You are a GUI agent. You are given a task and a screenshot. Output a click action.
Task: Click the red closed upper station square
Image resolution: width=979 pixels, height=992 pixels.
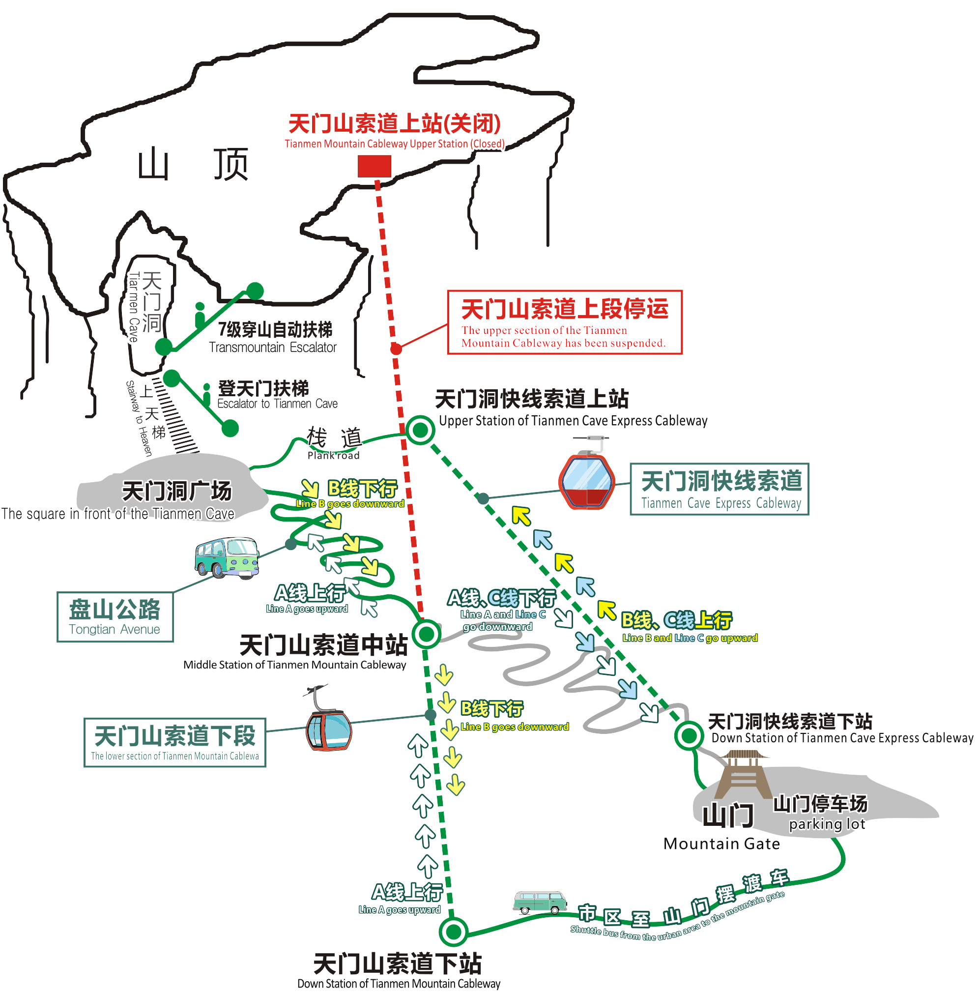[374, 166]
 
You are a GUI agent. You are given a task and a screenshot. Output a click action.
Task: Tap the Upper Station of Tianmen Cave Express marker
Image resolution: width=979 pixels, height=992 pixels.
[420, 430]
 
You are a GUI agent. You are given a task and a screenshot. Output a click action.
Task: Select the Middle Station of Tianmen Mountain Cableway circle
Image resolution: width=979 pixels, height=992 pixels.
[426, 634]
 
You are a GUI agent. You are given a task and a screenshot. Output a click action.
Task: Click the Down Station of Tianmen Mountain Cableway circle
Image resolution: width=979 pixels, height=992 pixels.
[453, 932]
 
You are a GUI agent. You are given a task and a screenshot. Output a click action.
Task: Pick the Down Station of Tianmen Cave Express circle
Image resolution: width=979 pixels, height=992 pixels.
[689, 736]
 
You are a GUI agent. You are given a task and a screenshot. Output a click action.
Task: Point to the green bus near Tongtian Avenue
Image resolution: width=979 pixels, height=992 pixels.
[227, 558]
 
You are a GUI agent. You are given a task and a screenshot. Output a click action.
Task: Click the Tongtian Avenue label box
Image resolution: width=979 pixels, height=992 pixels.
[115, 616]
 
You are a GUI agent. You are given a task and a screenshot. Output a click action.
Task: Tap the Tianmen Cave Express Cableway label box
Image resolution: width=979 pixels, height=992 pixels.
[719, 489]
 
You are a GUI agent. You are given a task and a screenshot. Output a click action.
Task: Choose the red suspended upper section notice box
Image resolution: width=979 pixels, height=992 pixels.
[565, 322]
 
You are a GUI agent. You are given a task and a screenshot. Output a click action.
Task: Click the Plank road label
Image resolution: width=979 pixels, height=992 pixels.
[334, 455]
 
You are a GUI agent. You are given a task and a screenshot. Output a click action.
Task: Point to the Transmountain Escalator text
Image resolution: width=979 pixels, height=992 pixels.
[273, 348]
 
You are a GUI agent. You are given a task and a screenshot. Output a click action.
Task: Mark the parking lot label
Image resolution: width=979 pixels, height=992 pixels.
[827, 824]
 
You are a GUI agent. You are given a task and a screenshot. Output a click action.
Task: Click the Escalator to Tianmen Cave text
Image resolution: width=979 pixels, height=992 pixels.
[277, 404]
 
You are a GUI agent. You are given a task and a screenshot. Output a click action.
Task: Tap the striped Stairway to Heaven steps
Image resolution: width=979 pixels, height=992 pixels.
[175, 416]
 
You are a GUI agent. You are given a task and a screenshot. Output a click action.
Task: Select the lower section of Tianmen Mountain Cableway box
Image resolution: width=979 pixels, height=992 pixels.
[175, 742]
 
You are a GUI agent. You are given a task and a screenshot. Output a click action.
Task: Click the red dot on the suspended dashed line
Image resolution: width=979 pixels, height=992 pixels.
[396, 349]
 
